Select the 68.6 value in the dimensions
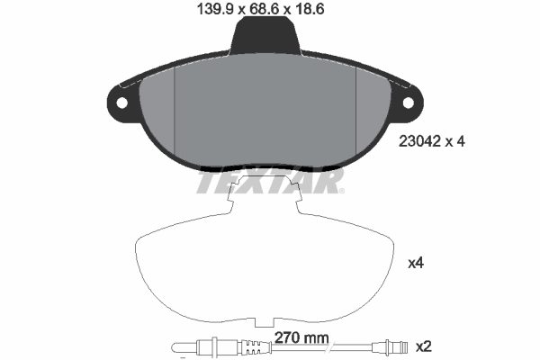click(265, 10)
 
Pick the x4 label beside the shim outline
click(416, 264)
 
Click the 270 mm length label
click(301, 338)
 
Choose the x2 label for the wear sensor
click(421, 346)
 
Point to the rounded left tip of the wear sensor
click(175, 346)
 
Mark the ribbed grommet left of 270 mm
click(220, 346)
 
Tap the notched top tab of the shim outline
click(265, 193)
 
